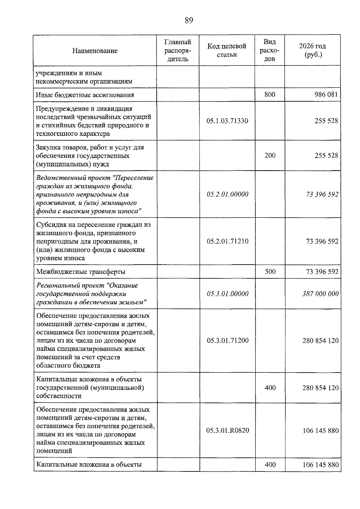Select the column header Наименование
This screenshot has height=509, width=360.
pyautogui.click(x=95, y=51)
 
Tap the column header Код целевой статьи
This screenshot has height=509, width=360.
pyautogui.click(x=227, y=50)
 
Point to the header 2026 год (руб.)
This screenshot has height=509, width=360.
pyautogui.click(x=312, y=50)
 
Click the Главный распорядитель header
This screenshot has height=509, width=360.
pyautogui.click(x=178, y=50)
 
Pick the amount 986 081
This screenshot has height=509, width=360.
pyautogui.click(x=326, y=95)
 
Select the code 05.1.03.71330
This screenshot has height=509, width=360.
pyautogui.click(x=227, y=121)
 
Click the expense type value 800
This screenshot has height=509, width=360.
pyautogui.click(x=270, y=95)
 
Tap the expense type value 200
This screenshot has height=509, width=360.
pyautogui.click(x=270, y=155)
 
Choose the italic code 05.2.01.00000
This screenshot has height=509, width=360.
pyautogui.click(x=227, y=194)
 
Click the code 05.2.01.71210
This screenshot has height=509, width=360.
pyautogui.click(x=227, y=241)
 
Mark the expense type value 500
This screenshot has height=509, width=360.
pyautogui.click(x=270, y=272)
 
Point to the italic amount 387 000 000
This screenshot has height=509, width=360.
pyautogui.click(x=320, y=294)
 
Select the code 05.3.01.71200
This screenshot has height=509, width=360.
pyautogui.click(x=227, y=340)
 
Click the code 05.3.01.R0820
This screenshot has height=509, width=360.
pyautogui.click(x=227, y=430)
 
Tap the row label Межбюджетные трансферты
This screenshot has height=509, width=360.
pyautogui.click(x=81, y=272)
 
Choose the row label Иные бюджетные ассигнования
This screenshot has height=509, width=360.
pyautogui.click(x=85, y=95)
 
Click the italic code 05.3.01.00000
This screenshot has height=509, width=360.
pyautogui.click(x=227, y=294)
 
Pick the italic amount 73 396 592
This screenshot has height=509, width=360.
pyautogui.click(x=322, y=194)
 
